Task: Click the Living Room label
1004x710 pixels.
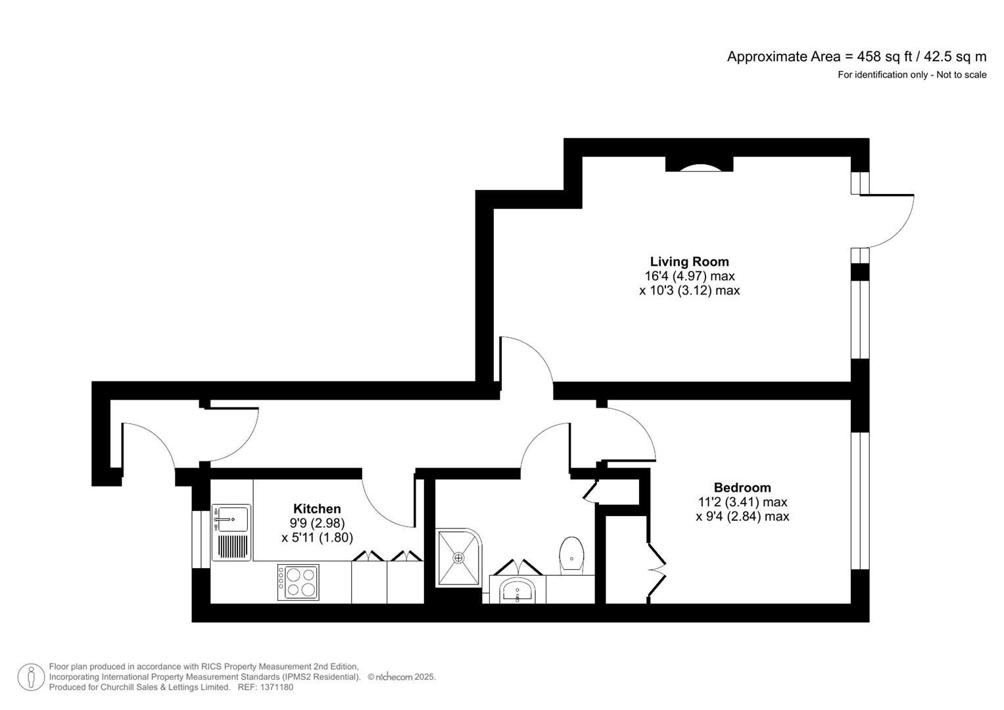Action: pos(689,262)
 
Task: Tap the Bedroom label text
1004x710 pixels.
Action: pos(742,488)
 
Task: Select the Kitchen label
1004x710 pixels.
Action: pos(317,509)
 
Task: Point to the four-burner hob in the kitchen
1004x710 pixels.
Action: pos(298,582)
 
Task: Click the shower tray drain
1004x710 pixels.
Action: pos(458,557)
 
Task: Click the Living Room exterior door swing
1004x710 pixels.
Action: pos(893,220)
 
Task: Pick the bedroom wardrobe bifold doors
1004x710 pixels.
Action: pos(657,570)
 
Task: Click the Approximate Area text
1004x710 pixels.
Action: pos(856,57)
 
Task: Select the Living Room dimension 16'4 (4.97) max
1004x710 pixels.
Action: pos(689,276)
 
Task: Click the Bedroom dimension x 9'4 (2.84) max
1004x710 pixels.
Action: pos(742,517)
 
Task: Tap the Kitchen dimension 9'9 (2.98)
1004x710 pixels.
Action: pos(317,523)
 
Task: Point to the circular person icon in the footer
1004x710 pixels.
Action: pos(31,677)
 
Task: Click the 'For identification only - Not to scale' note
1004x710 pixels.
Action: pos(911,75)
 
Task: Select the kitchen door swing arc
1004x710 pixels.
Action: pos(385,506)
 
